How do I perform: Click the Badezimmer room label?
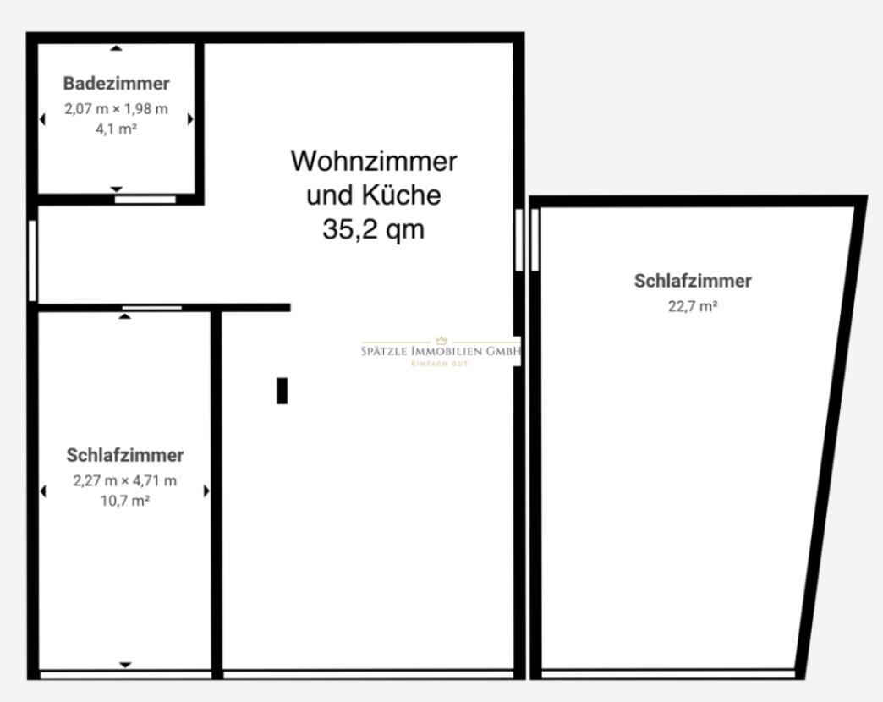116,84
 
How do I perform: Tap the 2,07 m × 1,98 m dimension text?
116,109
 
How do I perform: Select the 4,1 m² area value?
117,129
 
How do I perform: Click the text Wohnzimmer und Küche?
373,178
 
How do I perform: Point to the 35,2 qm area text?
373,229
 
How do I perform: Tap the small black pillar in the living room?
282,391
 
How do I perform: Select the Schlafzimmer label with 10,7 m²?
124,455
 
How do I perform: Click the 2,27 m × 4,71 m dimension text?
124,481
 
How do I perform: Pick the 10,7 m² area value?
124,501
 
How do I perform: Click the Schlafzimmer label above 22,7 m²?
693,281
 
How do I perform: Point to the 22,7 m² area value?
693,306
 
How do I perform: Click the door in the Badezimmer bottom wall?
145,200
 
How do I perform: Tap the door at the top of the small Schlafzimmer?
152,307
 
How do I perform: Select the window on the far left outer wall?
32,261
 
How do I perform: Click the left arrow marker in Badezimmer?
42,119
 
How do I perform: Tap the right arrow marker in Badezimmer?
190,119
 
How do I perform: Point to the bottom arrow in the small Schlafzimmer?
125,665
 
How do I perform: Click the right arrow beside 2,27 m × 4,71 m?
206,491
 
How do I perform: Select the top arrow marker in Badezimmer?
117,48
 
